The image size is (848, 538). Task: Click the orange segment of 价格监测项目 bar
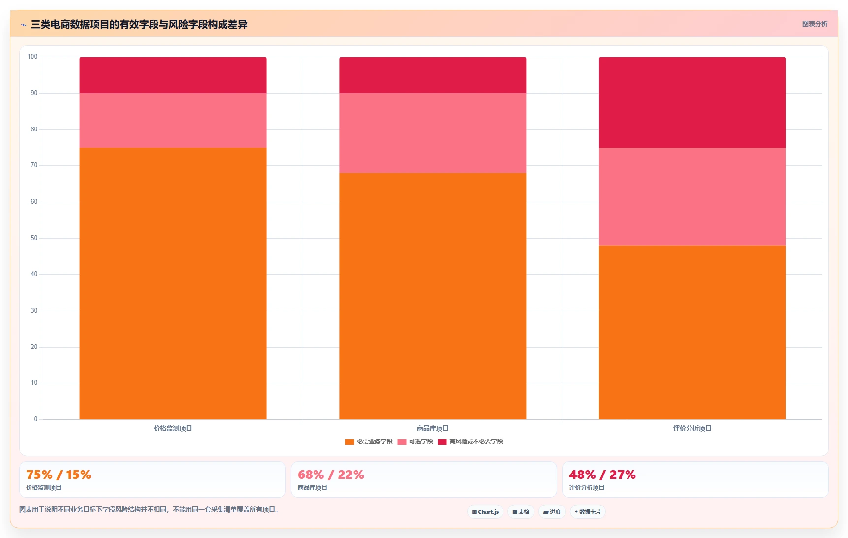tap(173, 284)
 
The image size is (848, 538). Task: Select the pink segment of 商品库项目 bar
tap(433, 133)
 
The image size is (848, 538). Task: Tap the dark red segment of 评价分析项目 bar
tap(692, 102)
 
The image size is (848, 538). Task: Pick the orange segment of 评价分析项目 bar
tap(692, 332)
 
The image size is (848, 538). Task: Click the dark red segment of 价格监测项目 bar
tap(173, 75)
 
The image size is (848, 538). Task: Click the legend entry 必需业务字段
tap(369, 442)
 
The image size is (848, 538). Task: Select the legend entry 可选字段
tap(415, 442)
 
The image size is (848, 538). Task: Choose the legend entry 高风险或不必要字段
tap(471, 442)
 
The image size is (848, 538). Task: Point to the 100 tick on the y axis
tap(32, 57)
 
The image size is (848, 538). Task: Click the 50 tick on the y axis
tap(34, 238)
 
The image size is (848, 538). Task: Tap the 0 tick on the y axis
tap(36, 419)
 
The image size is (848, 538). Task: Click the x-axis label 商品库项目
tap(433, 429)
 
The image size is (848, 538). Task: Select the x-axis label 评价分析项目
tap(692, 429)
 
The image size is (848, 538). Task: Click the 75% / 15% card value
tap(59, 475)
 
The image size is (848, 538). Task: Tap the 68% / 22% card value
tap(331, 475)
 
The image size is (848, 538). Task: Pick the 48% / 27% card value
tap(602, 475)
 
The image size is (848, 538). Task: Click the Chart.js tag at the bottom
tap(485, 512)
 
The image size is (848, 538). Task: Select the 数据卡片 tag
tap(588, 512)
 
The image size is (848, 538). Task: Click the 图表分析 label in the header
tap(815, 24)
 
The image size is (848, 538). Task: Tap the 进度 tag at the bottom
tap(552, 512)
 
